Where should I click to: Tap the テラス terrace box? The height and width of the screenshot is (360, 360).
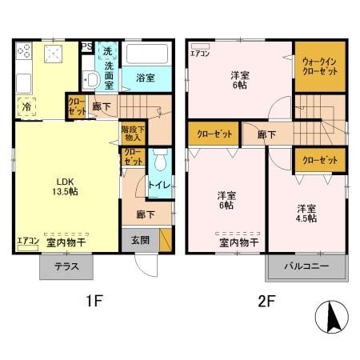tap(66, 267)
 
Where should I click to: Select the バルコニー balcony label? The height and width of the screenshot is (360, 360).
tap(306, 267)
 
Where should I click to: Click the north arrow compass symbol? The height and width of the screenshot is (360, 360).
tap(332, 318)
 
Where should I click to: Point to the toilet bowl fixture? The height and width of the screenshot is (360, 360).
tap(162, 163)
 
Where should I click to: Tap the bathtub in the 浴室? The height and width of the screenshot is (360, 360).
tap(148, 58)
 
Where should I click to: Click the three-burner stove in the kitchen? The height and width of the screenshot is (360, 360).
tap(24, 54)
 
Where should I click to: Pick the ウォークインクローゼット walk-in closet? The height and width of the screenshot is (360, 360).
tap(319, 65)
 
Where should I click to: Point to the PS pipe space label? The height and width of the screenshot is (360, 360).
tap(86, 46)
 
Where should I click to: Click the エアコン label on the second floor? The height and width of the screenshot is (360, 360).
tap(201, 54)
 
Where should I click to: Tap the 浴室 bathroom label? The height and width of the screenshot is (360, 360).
tap(145, 78)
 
